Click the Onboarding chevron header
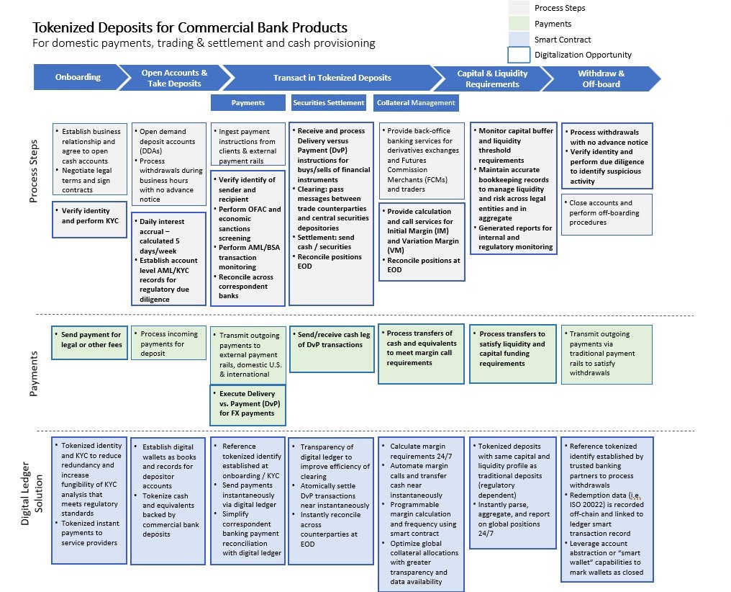pyautogui.click(x=78, y=78)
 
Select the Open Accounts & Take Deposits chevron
pyautogui.click(x=174, y=78)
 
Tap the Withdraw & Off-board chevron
pyautogui.click(x=601, y=78)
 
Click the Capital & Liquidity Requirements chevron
pyautogui.click(x=492, y=78)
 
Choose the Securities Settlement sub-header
pyautogui.click(x=329, y=102)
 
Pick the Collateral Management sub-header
pyautogui.click(x=416, y=102)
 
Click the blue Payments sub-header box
pyautogui.click(x=248, y=102)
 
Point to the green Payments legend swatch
pyautogui.click(x=519, y=24)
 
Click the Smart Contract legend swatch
pyautogui.click(x=519, y=40)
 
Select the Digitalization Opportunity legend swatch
pyautogui.click(x=519, y=55)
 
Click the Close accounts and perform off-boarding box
pyautogui.click(x=607, y=213)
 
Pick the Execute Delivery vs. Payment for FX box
pyautogui.click(x=248, y=403)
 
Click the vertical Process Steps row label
pyautogui.click(x=33, y=171)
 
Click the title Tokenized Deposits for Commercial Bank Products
pyautogui.click(x=190, y=28)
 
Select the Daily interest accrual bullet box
pyautogui.click(x=168, y=259)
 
